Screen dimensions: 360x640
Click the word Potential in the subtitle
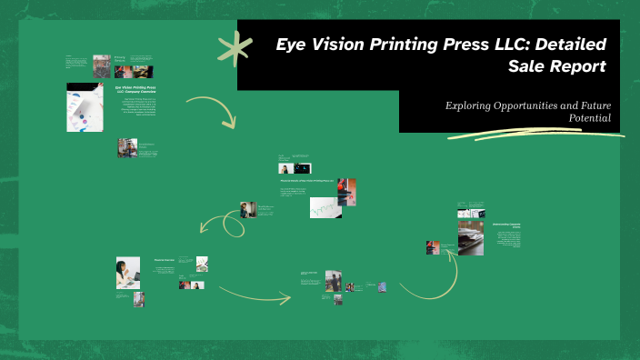click(x=590, y=119)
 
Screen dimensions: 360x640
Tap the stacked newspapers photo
click(x=470, y=237)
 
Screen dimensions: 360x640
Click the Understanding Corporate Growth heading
click(x=507, y=225)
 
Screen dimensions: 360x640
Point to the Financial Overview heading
click(x=165, y=261)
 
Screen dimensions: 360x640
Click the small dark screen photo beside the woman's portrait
click(x=302, y=169)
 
